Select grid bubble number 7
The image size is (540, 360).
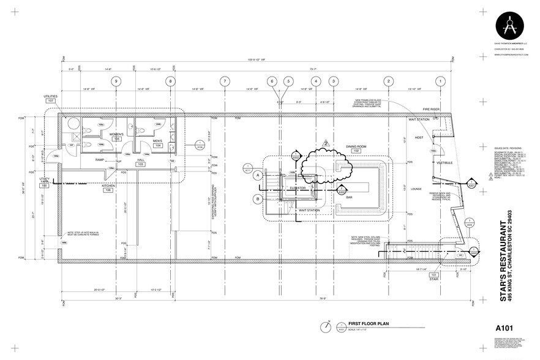click(x=225, y=81)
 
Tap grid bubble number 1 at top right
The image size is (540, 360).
click(x=440, y=81)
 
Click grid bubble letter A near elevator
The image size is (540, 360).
click(x=258, y=176)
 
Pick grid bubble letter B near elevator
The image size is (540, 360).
click(x=258, y=198)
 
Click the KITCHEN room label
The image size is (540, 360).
click(x=109, y=186)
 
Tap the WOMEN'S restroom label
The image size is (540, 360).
click(x=117, y=134)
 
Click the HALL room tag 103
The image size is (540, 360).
click(x=140, y=165)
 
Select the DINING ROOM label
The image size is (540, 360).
click(x=339, y=146)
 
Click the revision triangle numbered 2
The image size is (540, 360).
click(x=326, y=143)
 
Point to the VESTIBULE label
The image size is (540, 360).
click(x=443, y=163)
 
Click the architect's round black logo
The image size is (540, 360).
click(x=509, y=26)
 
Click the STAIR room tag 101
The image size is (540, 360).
click(x=434, y=276)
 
